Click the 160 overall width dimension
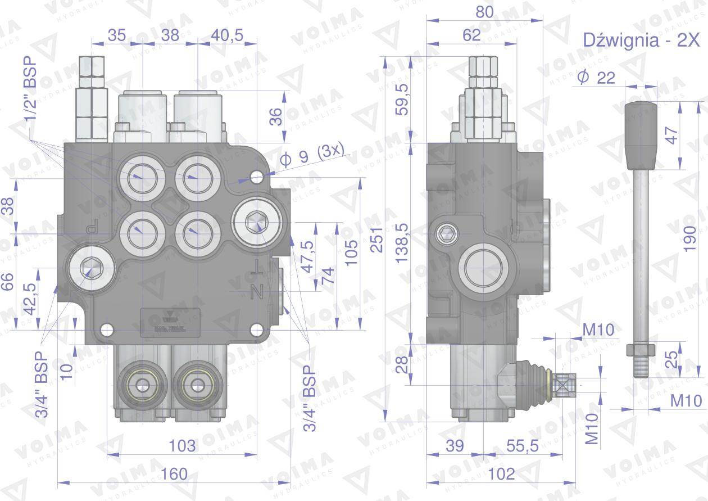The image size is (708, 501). click(x=174, y=474)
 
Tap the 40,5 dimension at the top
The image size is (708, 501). click(x=227, y=35)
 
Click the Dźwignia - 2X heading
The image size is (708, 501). click(x=641, y=40)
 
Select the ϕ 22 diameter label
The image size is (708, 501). click(x=597, y=78)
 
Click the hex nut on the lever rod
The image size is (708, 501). click(x=641, y=349)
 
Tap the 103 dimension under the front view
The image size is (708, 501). click(x=182, y=446)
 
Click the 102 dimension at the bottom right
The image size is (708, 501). click(x=501, y=474)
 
